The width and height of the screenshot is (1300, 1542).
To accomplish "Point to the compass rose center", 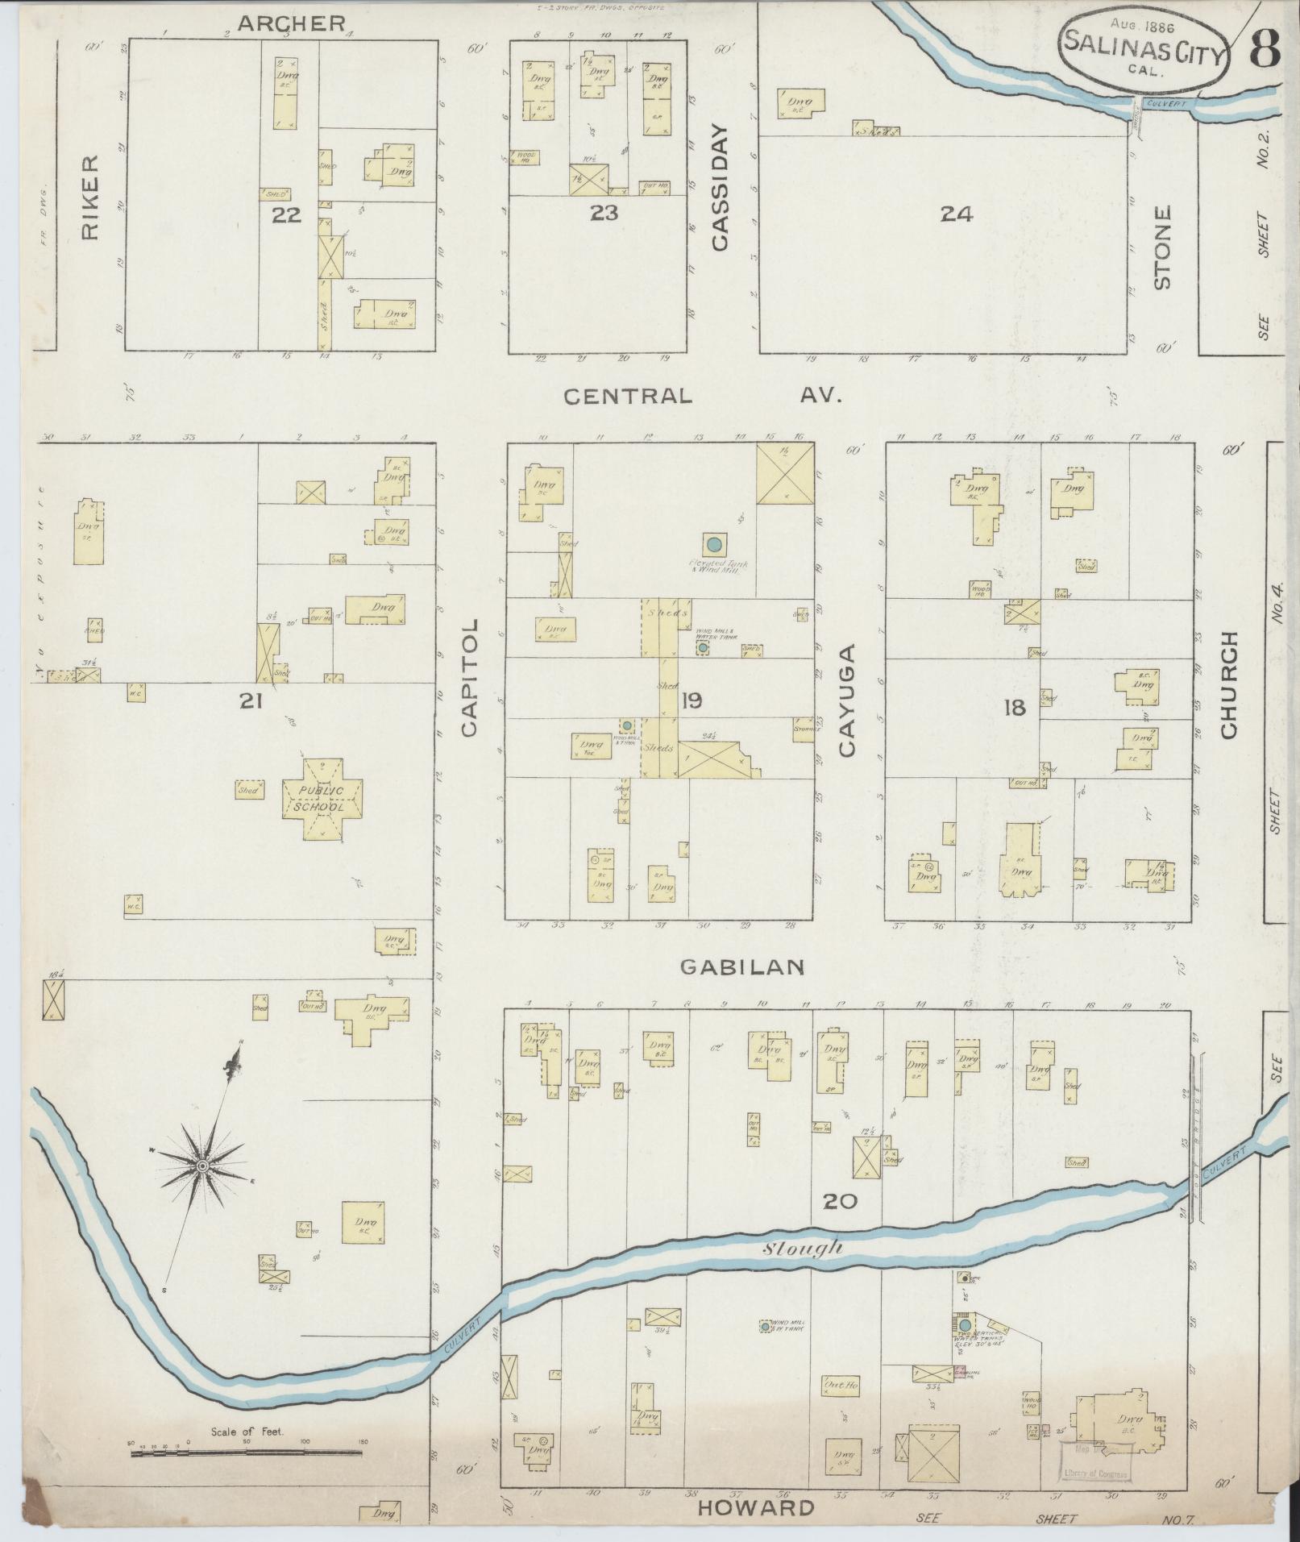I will pos(202,1166).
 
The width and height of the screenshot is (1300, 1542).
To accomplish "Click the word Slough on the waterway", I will pos(802,1270).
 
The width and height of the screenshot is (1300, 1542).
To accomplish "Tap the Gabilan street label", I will pos(742,967).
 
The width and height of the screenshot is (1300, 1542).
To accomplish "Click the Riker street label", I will pos(89,197).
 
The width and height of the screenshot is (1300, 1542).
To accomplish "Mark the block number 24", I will pos(957,214).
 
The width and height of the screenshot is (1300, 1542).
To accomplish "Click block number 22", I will pos(286,214).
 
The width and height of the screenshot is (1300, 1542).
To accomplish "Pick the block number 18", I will pos(1014,708).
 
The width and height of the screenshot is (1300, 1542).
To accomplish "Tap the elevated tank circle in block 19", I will pos(713,544).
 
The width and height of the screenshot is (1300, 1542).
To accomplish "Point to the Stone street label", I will pos(1161,247).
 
